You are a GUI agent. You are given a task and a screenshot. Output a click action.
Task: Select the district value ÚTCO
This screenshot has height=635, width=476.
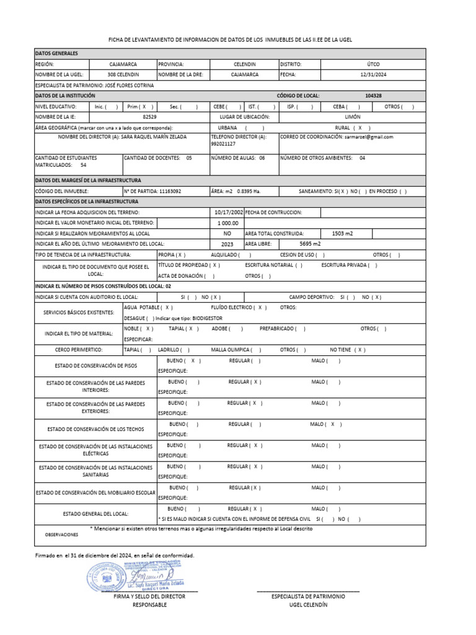click(x=373, y=64)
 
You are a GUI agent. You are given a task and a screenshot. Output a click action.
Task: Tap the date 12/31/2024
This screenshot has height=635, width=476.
click(x=373, y=74)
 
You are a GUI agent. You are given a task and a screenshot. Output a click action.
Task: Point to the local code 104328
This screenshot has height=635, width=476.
click(x=373, y=96)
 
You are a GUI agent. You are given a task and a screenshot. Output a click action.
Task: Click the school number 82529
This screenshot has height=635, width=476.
click(x=149, y=117)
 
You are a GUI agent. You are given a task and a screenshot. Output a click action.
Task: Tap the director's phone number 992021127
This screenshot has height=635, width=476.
click(x=224, y=144)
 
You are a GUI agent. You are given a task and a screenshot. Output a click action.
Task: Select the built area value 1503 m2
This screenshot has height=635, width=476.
click(x=342, y=233)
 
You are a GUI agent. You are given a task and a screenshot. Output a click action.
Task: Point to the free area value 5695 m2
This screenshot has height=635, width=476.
click(x=342, y=244)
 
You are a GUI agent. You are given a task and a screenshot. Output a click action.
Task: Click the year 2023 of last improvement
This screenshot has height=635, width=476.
click(x=227, y=244)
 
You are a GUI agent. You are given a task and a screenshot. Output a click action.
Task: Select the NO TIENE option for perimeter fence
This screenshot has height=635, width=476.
click(x=347, y=350)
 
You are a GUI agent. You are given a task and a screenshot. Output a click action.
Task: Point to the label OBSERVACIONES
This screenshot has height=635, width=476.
click(x=61, y=534)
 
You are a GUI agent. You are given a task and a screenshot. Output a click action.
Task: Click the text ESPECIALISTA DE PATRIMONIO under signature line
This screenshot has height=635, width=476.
click(x=308, y=596)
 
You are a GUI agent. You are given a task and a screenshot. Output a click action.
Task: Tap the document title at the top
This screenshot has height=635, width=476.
click(x=239, y=40)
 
